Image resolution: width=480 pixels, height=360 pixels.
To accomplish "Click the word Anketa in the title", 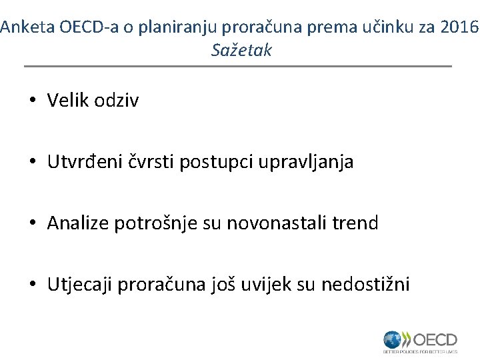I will (x=27, y=27).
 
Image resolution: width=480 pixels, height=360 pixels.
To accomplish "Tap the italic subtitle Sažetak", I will (x=241, y=50).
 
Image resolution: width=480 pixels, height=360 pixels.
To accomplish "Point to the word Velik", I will (x=68, y=101).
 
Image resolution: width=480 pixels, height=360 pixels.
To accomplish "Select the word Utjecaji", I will (x=80, y=285).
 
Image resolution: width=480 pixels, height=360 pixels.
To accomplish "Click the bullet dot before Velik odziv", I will (x=32, y=101).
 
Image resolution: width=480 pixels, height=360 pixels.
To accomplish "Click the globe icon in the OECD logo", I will (x=393, y=339).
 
